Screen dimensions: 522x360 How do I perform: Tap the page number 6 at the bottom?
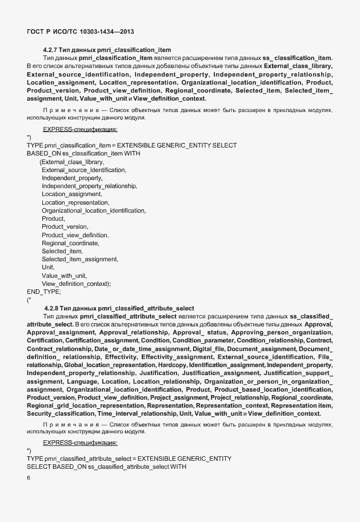point(29,477)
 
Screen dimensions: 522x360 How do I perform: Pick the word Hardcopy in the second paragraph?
point(172,365)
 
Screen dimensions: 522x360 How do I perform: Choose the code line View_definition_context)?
point(76,284)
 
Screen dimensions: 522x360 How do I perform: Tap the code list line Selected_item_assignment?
point(80,259)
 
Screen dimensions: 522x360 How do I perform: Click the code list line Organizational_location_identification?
point(94,210)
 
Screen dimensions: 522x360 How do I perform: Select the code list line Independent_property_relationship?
point(89,186)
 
